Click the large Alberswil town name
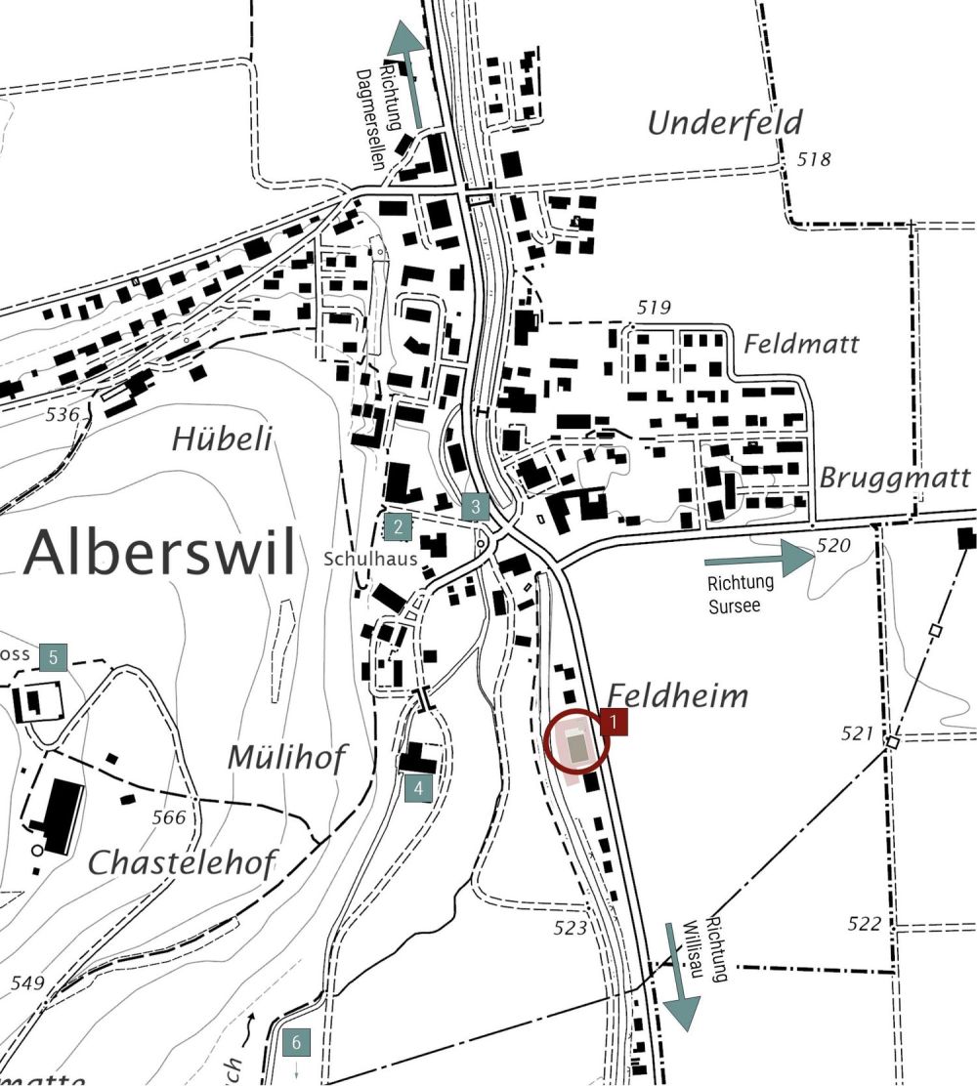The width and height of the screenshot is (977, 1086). (159, 554)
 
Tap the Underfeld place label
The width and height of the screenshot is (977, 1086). (724, 123)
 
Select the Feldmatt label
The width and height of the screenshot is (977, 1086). (801, 344)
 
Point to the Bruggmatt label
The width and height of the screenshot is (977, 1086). (895, 479)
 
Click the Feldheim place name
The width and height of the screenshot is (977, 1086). (678, 695)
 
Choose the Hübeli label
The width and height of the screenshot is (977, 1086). (222, 439)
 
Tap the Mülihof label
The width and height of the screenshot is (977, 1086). (286, 758)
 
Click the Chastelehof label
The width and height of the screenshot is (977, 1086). (183, 862)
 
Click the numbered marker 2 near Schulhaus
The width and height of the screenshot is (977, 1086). (398, 527)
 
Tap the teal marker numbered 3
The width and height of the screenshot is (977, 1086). (475, 507)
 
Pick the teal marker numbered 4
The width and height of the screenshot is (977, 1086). (418, 788)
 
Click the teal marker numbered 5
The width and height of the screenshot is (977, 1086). (54, 657)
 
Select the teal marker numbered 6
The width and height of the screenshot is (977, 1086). (296, 1043)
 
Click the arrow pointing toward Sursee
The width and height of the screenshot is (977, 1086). (759, 560)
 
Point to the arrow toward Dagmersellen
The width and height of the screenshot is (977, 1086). (407, 73)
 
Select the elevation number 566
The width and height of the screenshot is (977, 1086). (169, 817)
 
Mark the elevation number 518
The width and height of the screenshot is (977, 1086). (814, 159)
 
